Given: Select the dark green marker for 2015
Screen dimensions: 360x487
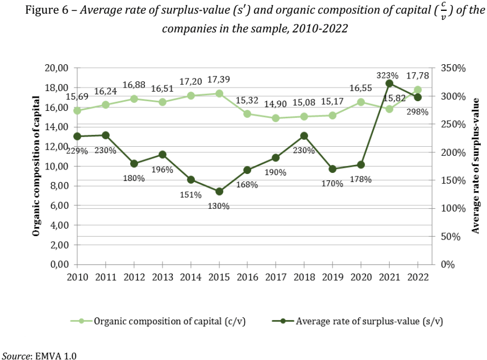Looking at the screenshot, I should [219, 192].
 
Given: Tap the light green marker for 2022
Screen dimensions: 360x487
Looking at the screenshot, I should [418, 90].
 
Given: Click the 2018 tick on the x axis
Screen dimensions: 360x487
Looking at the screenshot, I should [304, 276].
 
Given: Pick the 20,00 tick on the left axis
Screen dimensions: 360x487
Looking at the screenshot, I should [56, 68].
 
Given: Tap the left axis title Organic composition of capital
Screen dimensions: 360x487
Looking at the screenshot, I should [36, 166].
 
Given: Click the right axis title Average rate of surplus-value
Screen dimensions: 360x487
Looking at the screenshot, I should [476, 166].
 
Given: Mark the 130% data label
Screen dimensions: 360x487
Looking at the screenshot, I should [219, 206].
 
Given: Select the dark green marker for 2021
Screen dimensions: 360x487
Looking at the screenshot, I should [389, 84].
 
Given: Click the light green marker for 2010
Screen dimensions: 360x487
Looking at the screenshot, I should [77, 110].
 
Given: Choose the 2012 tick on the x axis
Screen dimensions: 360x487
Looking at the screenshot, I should [134, 276].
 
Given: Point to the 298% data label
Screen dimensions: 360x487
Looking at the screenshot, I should [418, 111].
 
